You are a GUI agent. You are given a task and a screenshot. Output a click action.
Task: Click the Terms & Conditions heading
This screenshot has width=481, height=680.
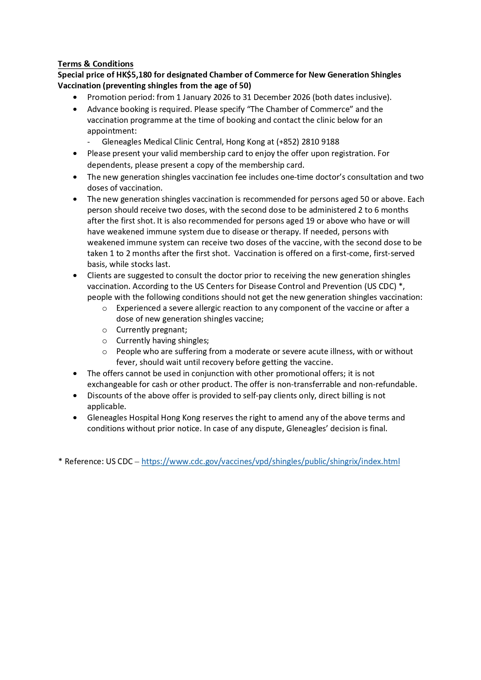pos(95,64)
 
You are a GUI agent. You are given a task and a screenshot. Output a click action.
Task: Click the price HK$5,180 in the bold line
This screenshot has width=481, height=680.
pos(134,75)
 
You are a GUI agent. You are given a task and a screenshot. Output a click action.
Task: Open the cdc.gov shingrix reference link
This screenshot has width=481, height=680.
pos(270,461)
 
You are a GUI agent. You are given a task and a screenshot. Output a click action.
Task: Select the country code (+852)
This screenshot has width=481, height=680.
pos(288,142)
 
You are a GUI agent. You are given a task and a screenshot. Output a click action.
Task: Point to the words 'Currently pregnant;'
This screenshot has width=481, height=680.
pos(152,330)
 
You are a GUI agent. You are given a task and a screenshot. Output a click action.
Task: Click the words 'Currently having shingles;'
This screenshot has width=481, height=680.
pos(162,341)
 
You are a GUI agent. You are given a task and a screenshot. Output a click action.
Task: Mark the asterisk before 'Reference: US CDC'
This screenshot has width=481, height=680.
pos(60,461)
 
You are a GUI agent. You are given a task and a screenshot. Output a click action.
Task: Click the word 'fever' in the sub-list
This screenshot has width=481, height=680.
pos(126,362)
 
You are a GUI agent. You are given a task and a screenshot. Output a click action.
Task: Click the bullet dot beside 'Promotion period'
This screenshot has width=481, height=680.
pos(75,97)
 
